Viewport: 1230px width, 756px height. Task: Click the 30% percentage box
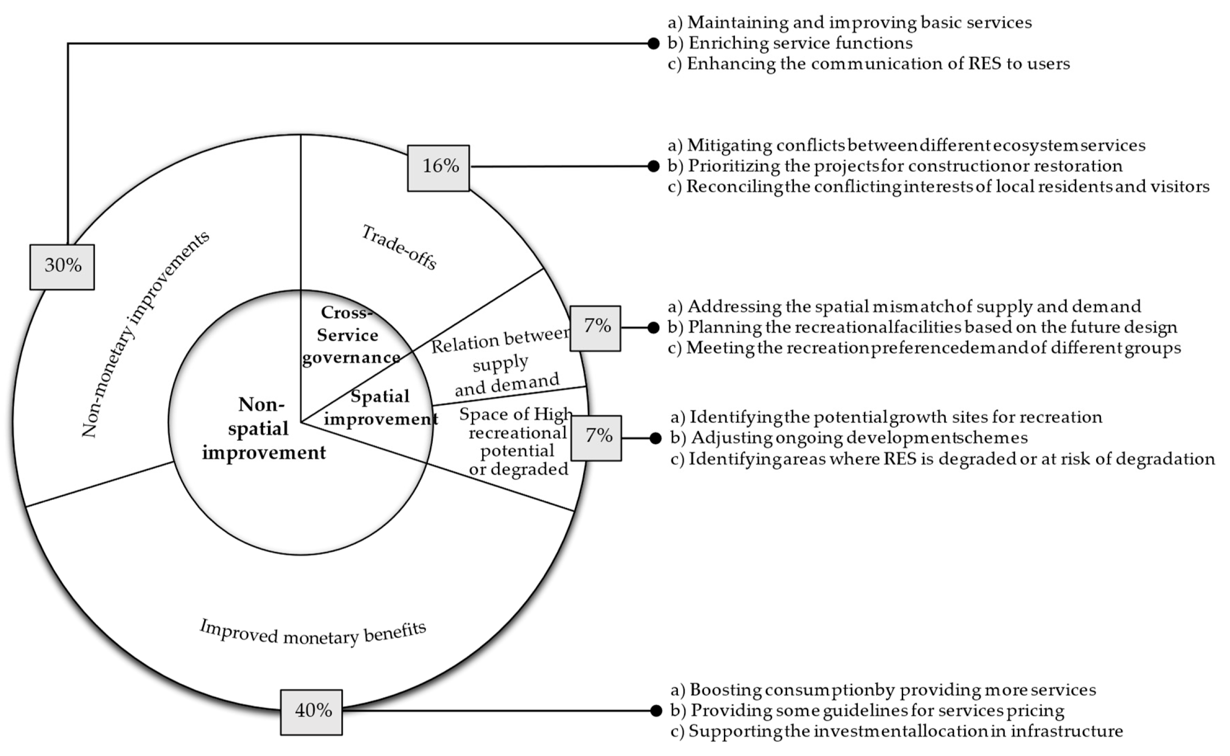click(62, 266)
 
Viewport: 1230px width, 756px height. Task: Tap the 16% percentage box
click(439, 168)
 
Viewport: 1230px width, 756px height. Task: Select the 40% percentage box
click(311, 712)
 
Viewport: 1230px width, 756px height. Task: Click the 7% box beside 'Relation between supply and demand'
click(596, 328)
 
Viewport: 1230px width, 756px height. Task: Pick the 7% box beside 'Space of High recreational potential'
click(597, 437)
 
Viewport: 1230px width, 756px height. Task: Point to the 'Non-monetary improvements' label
click(145, 334)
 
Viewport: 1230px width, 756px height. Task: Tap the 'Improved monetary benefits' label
click(313, 633)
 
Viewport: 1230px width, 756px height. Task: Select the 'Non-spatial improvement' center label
click(264, 428)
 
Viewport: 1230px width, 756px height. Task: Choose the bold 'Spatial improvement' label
click(380, 407)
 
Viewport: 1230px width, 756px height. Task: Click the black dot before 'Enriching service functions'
click(653, 44)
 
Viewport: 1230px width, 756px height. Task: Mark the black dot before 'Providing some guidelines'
click(656, 711)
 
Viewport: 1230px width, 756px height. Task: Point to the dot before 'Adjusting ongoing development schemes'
click(656, 438)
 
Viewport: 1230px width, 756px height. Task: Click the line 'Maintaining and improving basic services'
click(849, 23)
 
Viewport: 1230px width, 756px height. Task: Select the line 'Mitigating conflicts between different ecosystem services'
click(906, 145)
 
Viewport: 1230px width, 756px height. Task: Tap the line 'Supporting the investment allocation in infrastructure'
click(896, 731)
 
